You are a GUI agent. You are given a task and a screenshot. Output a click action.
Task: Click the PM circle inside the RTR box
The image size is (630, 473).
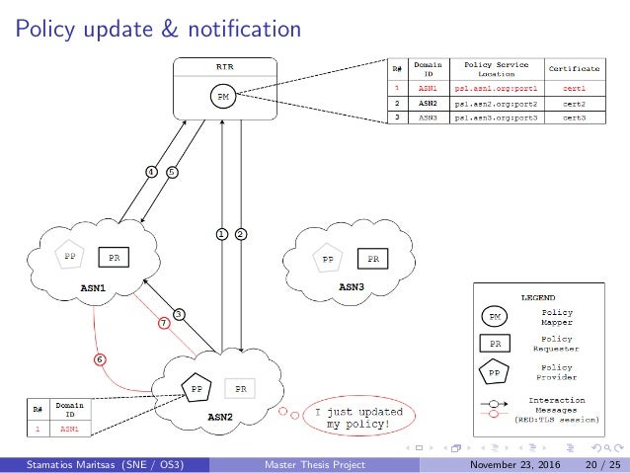[x=224, y=97]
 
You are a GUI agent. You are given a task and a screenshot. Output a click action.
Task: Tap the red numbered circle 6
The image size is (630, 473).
[x=99, y=358]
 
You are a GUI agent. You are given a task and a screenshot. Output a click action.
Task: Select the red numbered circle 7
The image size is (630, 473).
[x=165, y=323]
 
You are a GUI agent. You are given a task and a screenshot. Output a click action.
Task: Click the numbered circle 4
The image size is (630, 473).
[x=151, y=171]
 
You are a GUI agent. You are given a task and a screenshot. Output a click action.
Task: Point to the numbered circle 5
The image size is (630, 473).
[x=172, y=171]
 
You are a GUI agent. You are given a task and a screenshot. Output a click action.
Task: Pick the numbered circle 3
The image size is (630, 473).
[x=180, y=313]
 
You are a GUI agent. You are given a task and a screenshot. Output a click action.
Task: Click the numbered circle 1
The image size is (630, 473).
[x=222, y=234]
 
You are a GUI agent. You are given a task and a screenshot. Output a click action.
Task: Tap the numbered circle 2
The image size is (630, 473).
[x=241, y=234]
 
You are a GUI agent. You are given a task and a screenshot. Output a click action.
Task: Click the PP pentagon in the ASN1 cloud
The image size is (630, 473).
[x=70, y=254]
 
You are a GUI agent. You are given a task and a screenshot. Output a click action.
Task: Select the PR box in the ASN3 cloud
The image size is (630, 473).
[x=372, y=259]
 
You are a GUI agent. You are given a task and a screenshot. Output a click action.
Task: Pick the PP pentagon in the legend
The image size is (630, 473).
[x=494, y=373]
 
